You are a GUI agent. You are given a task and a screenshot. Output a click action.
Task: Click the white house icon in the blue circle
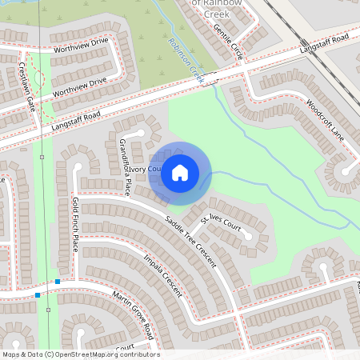[x=180, y=172]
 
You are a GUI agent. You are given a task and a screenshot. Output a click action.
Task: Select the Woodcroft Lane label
[x=325, y=118]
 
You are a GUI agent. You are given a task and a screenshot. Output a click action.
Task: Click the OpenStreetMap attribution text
[x=80, y=354]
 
